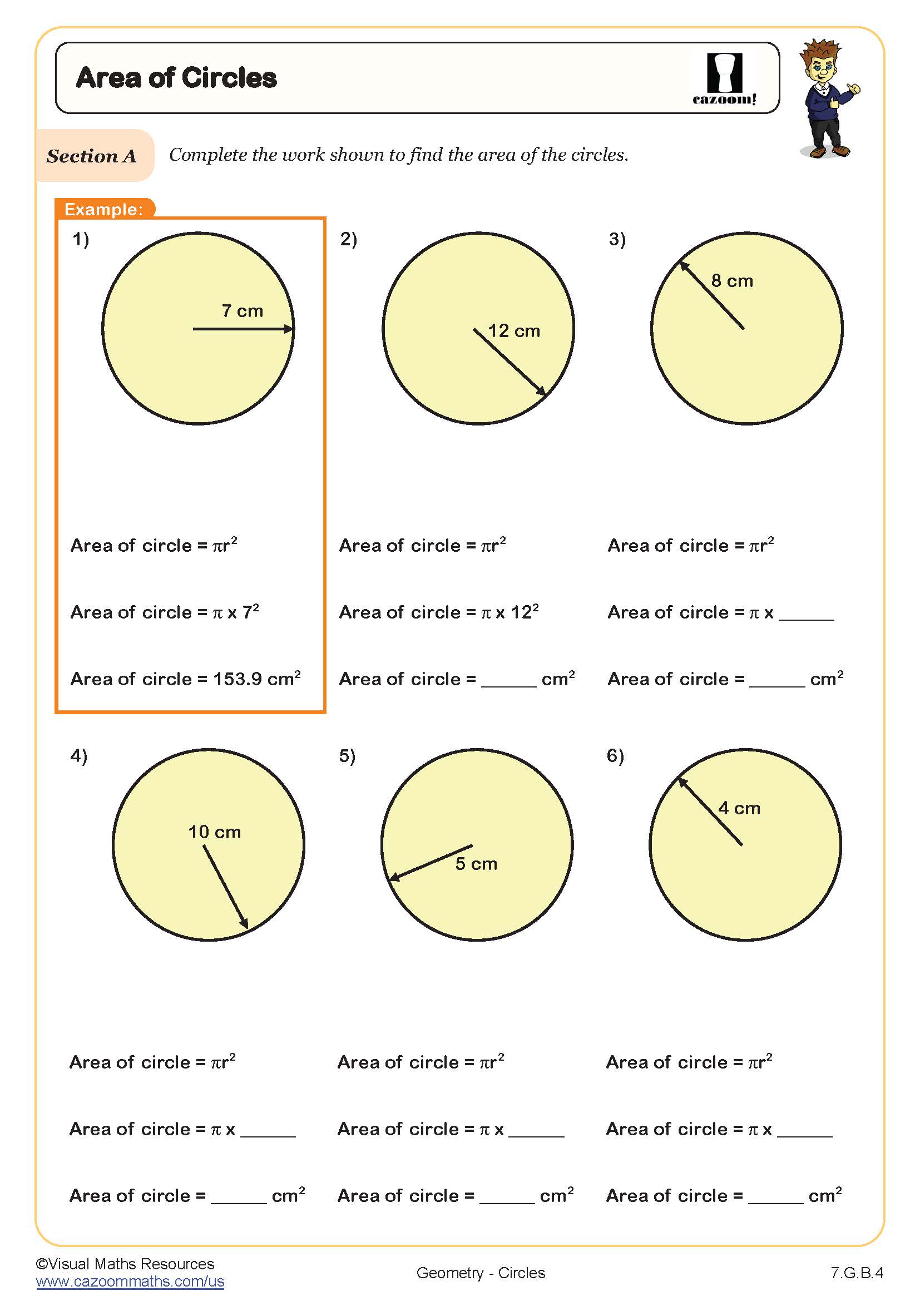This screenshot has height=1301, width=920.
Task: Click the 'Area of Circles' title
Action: point(176,78)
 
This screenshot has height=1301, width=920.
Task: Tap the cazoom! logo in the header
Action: point(724,80)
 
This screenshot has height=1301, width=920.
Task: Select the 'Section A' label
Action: point(92,156)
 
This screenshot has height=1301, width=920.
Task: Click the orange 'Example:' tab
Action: point(103,209)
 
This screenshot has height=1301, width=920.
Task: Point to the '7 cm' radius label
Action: point(242,311)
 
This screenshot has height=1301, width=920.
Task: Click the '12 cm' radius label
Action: point(514,331)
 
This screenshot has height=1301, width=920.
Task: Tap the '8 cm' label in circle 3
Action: point(732,281)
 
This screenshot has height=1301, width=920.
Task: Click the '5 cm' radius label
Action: point(476,864)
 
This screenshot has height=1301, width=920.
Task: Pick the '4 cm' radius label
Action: point(739,808)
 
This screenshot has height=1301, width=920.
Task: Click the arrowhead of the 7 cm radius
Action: point(289,329)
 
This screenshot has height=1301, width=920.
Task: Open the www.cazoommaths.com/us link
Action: point(130,1282)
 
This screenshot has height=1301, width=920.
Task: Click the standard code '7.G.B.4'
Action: point(857,1273)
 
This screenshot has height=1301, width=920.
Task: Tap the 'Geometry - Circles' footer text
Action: point(481,1273)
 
